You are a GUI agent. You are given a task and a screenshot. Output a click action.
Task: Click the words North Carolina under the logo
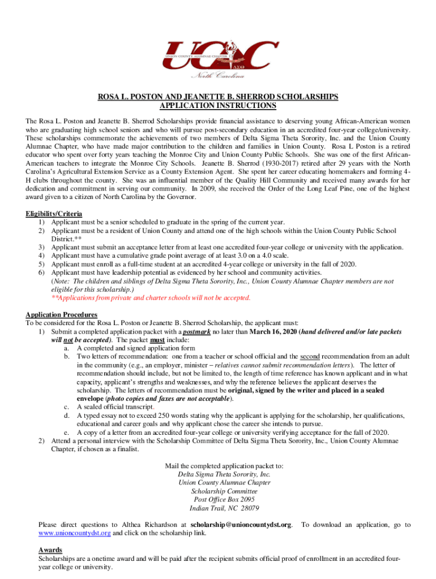[219, 75]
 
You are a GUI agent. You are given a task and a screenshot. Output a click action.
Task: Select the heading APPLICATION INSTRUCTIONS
[218, 106]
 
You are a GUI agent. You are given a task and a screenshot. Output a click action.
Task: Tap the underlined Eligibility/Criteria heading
[54, 214]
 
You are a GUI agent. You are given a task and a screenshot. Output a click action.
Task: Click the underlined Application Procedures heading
[62, 315]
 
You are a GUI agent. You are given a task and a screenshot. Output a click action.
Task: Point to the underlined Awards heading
[50, 550]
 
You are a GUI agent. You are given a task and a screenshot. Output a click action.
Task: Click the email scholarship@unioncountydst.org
[242, 525]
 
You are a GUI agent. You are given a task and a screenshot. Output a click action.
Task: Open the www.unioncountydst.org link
[75, 533]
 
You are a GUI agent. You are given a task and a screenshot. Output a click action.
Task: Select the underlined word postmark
[196, 332]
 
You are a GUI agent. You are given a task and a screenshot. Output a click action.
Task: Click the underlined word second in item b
[310, 357]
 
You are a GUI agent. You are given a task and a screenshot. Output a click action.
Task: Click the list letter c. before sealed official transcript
[67, 407]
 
